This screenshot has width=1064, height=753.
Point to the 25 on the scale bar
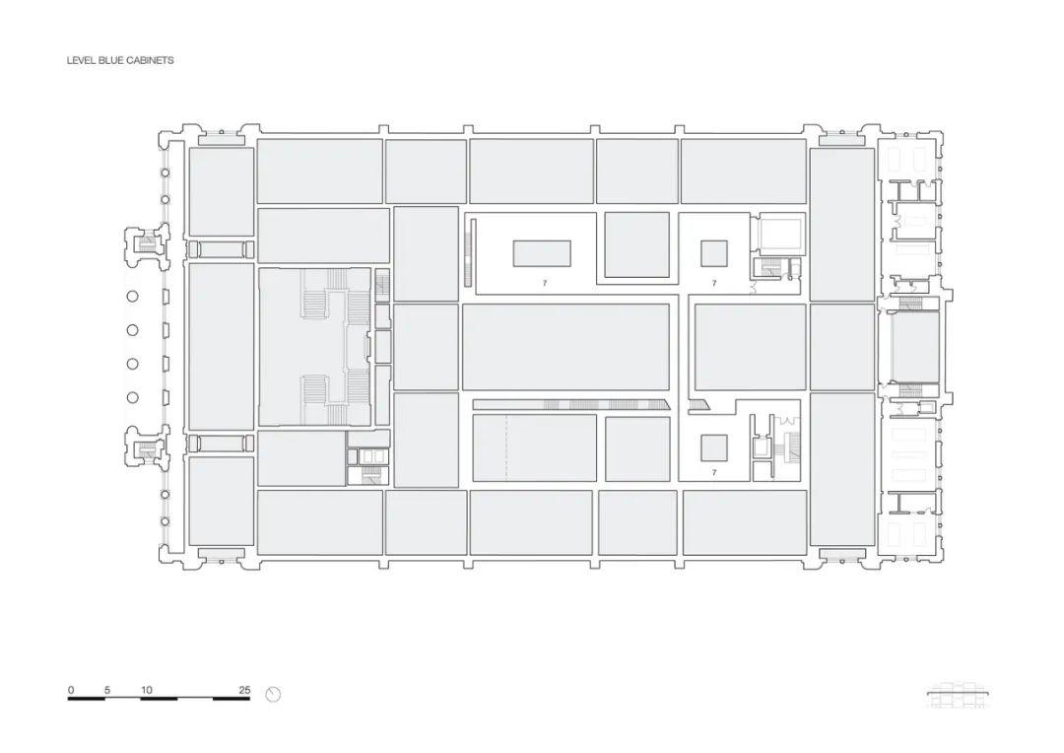[x=244, y=690]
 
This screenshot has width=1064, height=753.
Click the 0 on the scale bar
[x=71, y=690]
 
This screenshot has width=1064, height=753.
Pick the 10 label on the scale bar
[x=147, y=690]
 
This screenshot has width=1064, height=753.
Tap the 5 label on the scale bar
[x=107, y=690]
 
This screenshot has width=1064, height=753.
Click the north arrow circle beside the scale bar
[x=274, y=694]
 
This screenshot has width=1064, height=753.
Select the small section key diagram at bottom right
[x=959, y=695]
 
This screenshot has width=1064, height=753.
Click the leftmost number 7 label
[x=544, y=283]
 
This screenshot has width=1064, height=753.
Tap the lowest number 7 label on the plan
[x=714, y=471]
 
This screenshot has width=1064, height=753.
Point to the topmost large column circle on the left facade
[x=132, y=296]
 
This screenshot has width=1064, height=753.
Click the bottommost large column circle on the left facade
[x=132, y=397]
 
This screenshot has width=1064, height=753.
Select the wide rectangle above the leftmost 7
[x=542, y=253]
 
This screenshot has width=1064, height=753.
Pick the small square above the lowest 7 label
[x=714, y=448]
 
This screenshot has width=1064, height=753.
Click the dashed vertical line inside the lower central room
[x=505, y=447]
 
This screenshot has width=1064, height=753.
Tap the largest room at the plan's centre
[x=565, y=346]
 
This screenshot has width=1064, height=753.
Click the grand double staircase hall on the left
[x=315, y=346]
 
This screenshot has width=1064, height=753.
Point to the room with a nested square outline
[x=781, y=235]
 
